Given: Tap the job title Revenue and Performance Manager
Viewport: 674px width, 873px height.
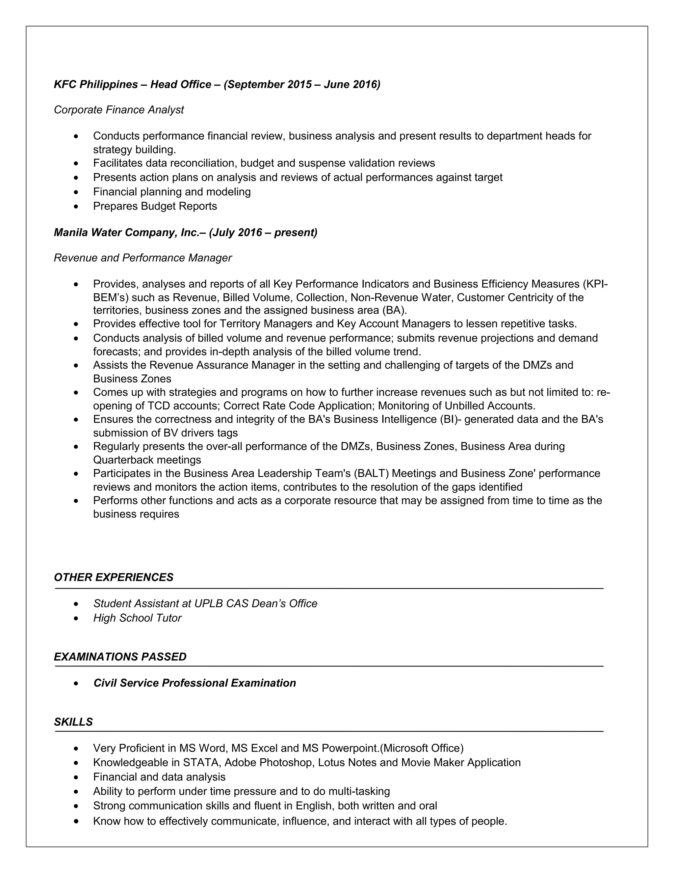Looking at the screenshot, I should coord(143,258).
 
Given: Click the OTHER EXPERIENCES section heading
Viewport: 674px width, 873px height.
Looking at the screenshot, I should coord(114,577).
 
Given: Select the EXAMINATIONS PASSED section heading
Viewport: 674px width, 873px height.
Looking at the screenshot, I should coord(120,657).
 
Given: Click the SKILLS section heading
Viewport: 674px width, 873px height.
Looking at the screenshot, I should coord(73,722).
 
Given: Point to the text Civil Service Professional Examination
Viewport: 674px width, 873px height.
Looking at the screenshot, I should coord(194,683).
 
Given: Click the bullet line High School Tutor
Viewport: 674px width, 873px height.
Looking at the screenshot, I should coord(137,618).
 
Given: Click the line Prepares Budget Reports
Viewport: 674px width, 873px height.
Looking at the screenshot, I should coord(155,206).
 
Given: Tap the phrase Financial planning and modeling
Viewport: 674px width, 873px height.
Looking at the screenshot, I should coord(172,191).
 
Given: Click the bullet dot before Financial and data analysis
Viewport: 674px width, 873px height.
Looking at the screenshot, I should coord(76,777).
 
